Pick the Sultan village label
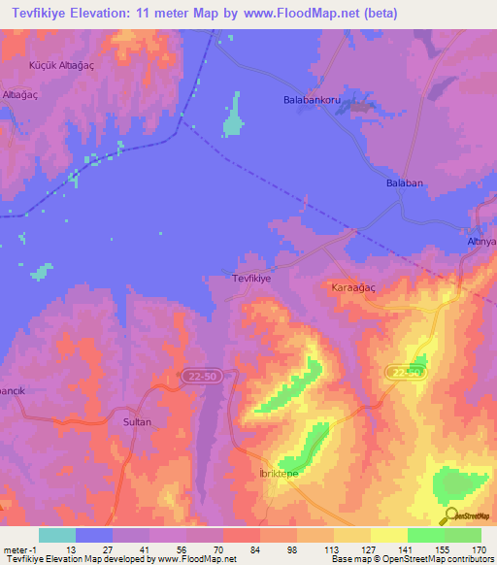[136, 424]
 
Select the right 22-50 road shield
[406, 372]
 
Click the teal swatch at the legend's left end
[56, 535]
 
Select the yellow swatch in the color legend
[388, 535]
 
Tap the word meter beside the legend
[16, 549]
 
